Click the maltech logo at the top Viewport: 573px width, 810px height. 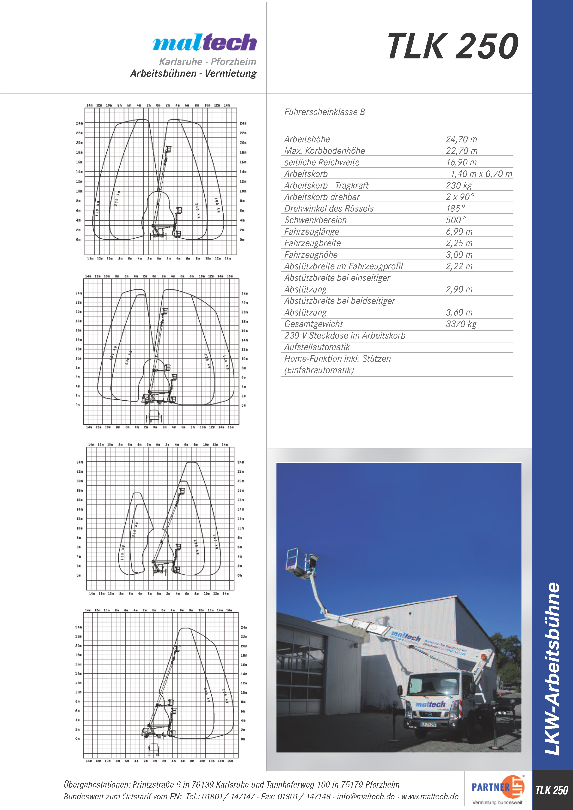click(205, 43)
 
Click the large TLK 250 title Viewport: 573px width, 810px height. click(453, 46)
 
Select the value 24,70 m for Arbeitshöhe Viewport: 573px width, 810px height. click(461, 139)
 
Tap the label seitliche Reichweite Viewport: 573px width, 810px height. click(322, 162)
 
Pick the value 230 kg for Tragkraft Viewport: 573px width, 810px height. click(459, 186)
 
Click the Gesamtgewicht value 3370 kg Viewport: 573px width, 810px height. click(461, 324)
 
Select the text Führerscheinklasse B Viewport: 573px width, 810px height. click(324, 112)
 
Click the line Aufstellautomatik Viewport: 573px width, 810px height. click(317, 347)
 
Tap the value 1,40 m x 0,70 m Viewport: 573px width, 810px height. click(481, 174)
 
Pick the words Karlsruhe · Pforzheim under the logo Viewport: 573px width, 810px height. click(207, 62)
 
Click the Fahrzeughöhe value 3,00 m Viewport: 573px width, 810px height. click(459, 255)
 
